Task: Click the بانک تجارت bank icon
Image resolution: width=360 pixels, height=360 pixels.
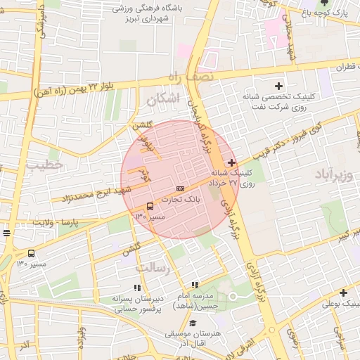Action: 181,188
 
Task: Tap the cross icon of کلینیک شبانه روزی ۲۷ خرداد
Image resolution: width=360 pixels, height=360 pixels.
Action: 232,162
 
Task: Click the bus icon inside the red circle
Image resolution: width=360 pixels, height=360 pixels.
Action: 150,206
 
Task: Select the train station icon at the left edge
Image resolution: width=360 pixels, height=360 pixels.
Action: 6,233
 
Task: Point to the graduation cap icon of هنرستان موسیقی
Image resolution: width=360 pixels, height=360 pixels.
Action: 193,323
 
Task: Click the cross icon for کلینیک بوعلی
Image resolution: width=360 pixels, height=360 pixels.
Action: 343,292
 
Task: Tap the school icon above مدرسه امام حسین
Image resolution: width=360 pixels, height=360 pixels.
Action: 195,285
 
